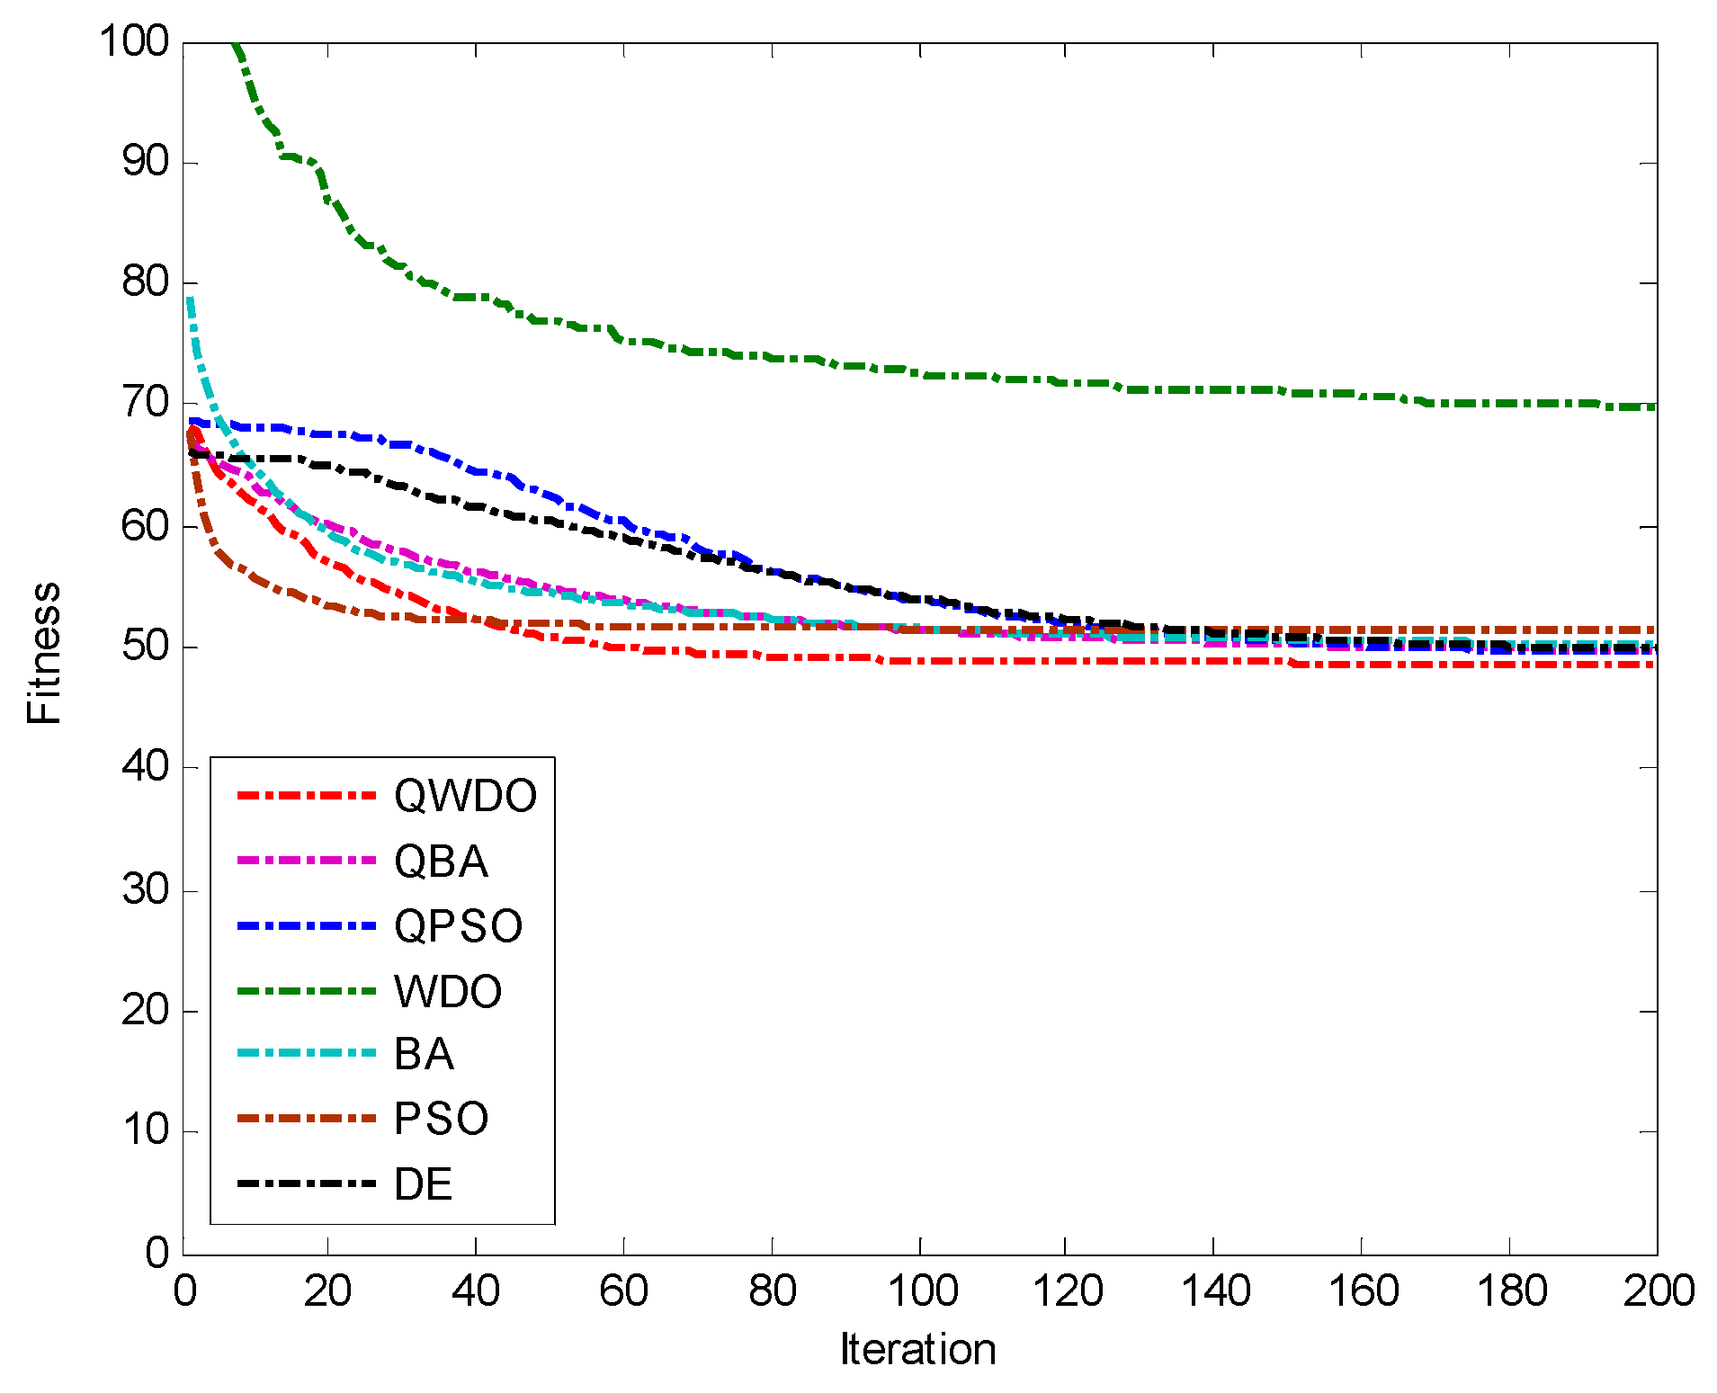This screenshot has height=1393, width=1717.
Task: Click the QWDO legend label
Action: pos(465,796)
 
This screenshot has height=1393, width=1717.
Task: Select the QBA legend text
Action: pos(441,862)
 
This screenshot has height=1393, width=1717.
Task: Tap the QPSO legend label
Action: pos(458,926)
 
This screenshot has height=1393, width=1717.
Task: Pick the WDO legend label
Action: pos(448,992)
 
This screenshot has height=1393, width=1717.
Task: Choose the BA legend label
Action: pos(424,1054)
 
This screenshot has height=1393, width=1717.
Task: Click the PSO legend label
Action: pos(441,1120)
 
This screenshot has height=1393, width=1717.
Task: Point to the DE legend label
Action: pos(423,1184)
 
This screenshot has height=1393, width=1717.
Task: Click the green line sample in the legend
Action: pos(306,991)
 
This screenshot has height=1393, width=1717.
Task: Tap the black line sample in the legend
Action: pos(306,1183)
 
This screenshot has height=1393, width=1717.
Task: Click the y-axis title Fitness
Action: pos(43,653)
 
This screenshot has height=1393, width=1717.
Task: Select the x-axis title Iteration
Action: pos(918,1349)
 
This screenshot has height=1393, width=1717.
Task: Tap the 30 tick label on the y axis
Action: pos(145,890)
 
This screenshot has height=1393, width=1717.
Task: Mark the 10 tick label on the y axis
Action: pos(145,1130)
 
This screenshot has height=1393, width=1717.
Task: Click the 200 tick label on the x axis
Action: pos(1658,1291)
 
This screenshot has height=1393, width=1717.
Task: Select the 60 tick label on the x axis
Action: pos(623,1291)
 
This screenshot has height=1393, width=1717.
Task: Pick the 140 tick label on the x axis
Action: pos(1214,1291)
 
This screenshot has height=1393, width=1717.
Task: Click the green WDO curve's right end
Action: pos(1653,406)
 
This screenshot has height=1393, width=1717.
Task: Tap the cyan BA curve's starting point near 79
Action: pos(190,299)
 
